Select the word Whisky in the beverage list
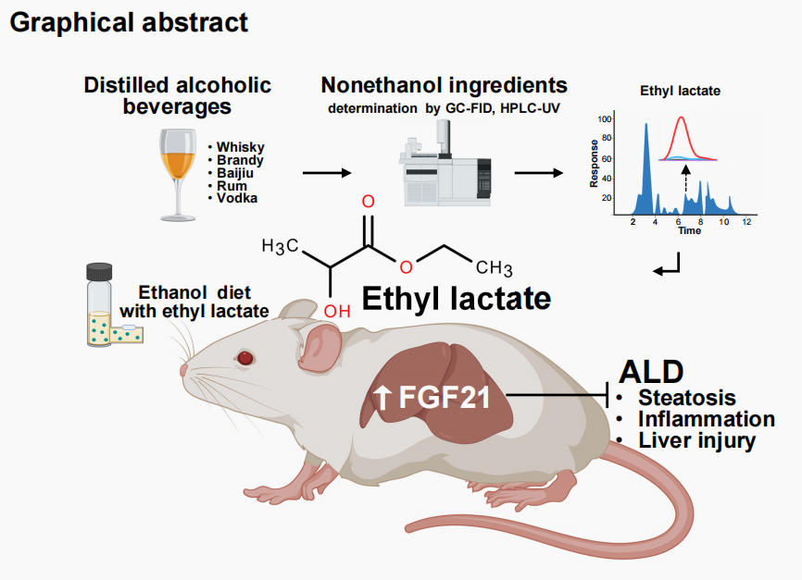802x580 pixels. pyautogui.click(x=240, y=147)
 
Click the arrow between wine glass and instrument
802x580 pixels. pyautogui.click(x=327, y=172)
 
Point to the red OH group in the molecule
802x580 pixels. pyautogui.click(x=336, y=310)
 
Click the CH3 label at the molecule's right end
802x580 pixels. pyautogui.click(x=495, y=268)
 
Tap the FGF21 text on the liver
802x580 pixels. pyautogui.click(x=431, y=399)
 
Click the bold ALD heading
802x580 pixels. pyautogui.click(x=650, y=371)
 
